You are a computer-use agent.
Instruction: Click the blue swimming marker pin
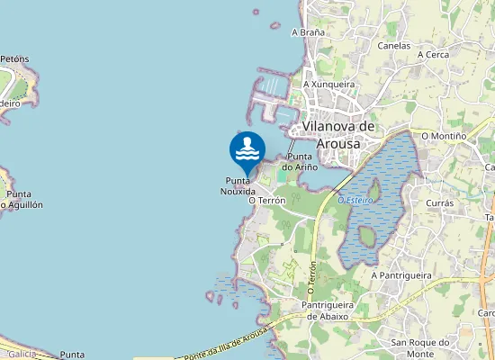[x=247, y=151]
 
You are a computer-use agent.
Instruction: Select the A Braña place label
[x=308, y=31]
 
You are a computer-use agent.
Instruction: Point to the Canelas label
[x=394, y=45]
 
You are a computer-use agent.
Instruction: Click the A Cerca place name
[x=433, y=54]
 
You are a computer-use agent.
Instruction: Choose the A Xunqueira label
[x=328, y=84]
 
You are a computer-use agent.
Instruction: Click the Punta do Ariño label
[x=300, y=161]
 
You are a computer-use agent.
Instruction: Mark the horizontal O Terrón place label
[x=267, y=200]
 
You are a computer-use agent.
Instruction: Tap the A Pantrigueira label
[x=401, y=274]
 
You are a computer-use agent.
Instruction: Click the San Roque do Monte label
[x=420, y=347]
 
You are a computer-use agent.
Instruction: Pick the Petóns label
[x=14, y=59]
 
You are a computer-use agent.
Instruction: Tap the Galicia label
[x=21, y=354]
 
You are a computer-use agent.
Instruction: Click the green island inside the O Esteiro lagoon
[x=367, y=238]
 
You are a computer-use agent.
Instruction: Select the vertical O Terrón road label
[x=311, y=278]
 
